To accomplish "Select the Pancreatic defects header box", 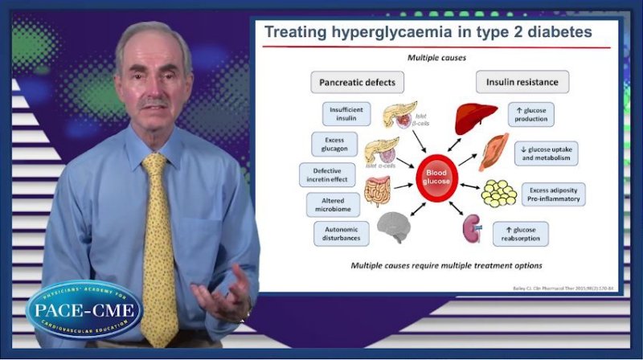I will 357,82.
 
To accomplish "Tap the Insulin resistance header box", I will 522,82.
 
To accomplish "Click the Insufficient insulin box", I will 346,113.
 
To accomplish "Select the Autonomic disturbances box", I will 341,234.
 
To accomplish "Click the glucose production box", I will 531,114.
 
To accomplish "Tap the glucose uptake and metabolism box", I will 546,153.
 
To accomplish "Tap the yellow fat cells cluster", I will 498,193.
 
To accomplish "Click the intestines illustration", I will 378,192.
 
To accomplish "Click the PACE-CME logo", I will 84,309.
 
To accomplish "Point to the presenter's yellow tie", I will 158,241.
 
